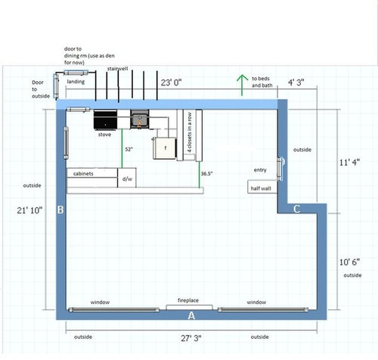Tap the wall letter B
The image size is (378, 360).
60,209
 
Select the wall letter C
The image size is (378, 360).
297,208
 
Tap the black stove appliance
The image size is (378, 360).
104,119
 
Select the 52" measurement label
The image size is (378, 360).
129,151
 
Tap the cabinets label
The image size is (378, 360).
83,173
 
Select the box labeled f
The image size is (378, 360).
164,148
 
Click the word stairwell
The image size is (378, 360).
118,68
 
